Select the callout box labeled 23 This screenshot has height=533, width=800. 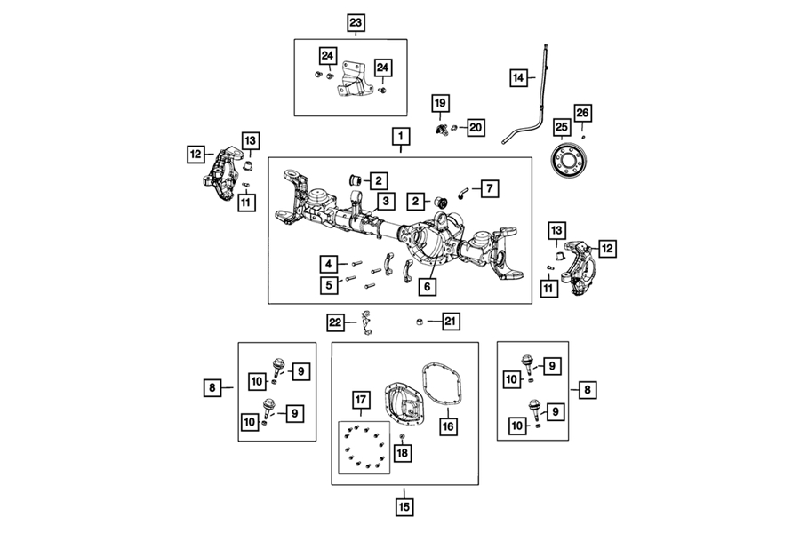(x=356, y=20)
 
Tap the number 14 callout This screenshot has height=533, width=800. (x=518, y=77)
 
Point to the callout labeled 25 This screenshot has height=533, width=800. (x=561, y=127)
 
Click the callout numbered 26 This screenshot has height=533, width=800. (x=582, y=113)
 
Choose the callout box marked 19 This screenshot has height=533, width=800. (x=439, y=104)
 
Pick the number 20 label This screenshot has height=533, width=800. (x=475, y=127)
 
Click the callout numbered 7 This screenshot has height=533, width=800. (x=492, y=187)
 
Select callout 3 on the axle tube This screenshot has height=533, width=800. (x=384, y=201)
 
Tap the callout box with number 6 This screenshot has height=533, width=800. (x=428, y=287)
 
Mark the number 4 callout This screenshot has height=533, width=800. (x=329, y=263)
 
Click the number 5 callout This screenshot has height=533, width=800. (x=329, y=284)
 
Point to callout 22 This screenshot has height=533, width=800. (x=335, y=321)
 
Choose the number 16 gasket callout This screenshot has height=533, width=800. (x=448, y=426)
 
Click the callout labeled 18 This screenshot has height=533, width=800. (x=402, y=453)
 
